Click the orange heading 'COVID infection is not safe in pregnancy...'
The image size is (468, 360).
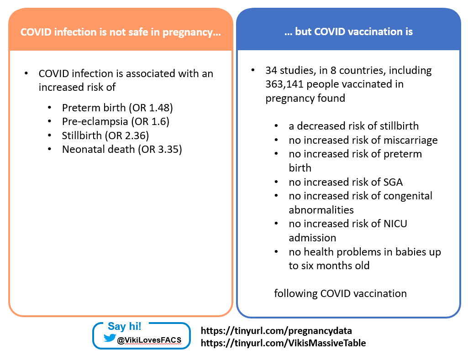(x=121, y=32)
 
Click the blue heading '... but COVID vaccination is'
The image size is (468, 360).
(x=348, y=31)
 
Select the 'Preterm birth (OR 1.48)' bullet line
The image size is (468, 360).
(x=117, y=108)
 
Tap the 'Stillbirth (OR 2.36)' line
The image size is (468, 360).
(x=105, y=136)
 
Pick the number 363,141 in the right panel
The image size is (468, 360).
(x=286, y=84)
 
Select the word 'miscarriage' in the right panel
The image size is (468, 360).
(x=412, y=140)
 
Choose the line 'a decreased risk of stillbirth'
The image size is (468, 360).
(x=353, y=126)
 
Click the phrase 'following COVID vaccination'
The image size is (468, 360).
(x=340, y=293)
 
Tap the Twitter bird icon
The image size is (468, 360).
(x=110, y=338)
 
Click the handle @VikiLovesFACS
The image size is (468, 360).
(x=149, y=339)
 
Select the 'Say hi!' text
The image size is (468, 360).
(x=124, y=326)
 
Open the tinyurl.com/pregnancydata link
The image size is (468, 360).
(x=276, y=330)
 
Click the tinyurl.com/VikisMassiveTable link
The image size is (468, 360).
(x=283, y=343)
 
